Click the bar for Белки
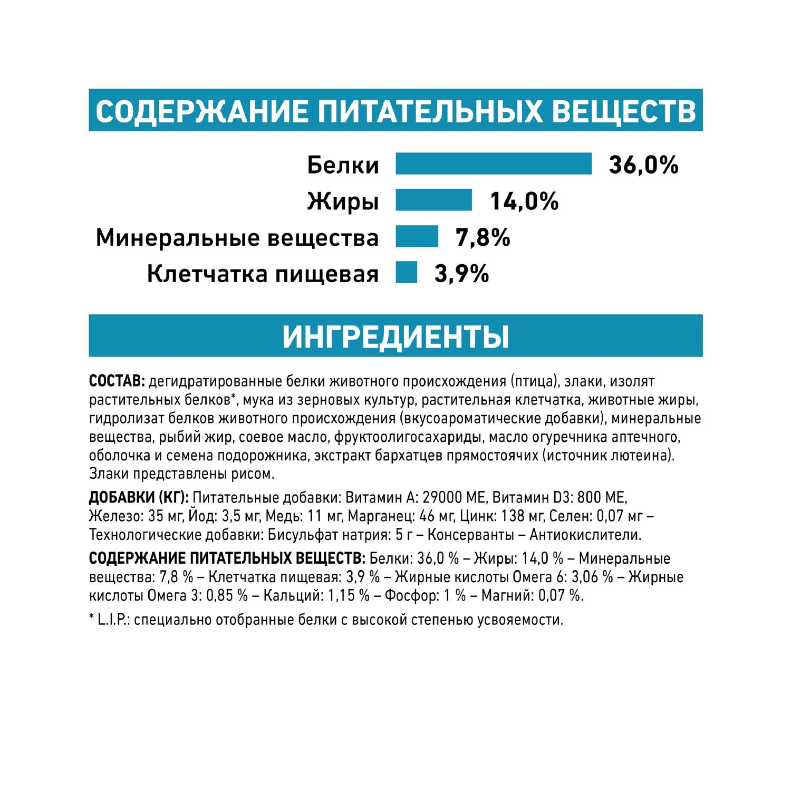click(x=494, y=163)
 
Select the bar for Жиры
click(x=433, y=200)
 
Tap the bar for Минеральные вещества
click(x=417, y=236)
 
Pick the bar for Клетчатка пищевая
click(x=406, y=273)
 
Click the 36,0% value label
click(x=643, y=165)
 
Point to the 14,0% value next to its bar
click(x=524, y=201)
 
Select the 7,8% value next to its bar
click(x=483, y=237)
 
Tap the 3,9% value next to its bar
click(x=461, y=274)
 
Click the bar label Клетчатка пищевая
click(x=263, y=274)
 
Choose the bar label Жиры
click(x=343, y=201)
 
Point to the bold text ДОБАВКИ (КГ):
click(x=139, y=497)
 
